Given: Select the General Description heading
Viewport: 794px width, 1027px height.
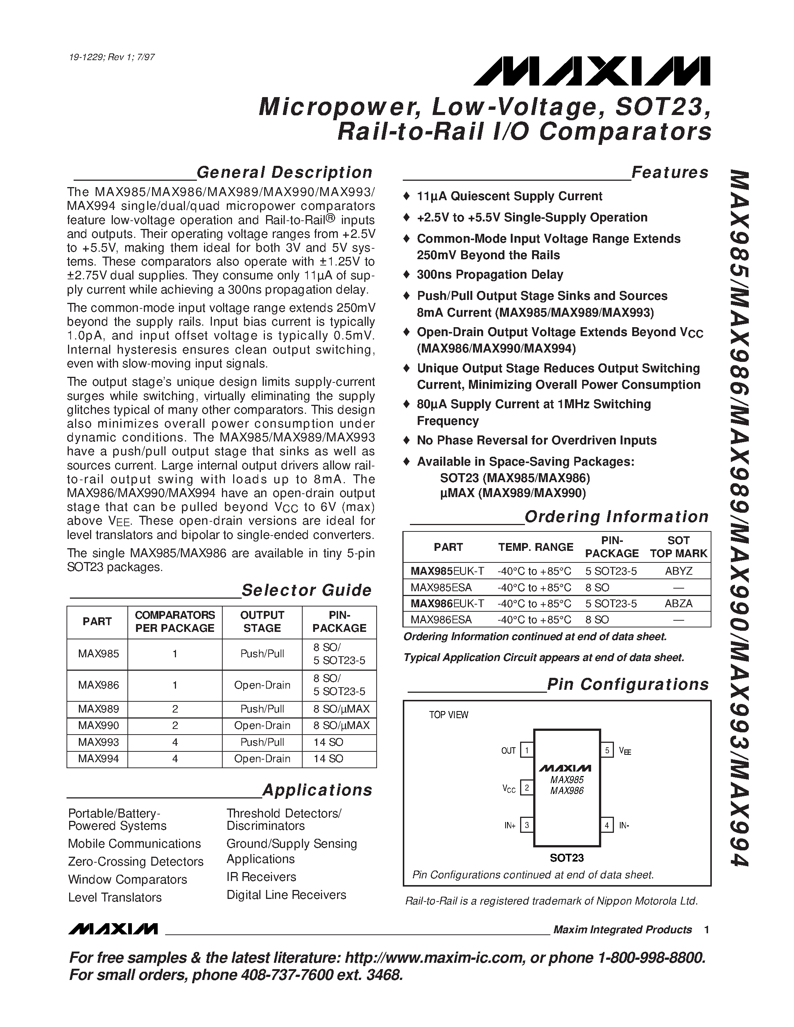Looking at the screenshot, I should [284, 172].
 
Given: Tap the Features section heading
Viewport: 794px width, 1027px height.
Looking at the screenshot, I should [669, 172].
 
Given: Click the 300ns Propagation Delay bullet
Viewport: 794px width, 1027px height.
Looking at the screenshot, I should [490, 274].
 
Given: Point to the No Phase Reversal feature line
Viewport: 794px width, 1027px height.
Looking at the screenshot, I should [536, 440].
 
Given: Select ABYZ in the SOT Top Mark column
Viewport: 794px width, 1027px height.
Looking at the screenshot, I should [678, 571].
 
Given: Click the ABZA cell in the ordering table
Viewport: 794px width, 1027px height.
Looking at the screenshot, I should [678, 603].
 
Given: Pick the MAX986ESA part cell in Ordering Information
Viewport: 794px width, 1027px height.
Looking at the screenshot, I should [441, 620].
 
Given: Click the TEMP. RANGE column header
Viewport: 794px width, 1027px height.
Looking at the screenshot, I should [535, 547].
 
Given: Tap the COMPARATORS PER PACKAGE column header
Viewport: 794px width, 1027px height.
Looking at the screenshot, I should [174, 622].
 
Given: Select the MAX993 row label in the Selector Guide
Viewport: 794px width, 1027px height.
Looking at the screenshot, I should [98, 742].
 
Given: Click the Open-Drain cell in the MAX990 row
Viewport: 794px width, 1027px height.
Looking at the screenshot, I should [262, 725].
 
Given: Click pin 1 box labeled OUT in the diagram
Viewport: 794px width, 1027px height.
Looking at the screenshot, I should [527, 751].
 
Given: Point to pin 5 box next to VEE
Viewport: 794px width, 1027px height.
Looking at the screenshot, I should [607, 751].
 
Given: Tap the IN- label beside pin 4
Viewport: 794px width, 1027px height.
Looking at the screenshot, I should [624, 825].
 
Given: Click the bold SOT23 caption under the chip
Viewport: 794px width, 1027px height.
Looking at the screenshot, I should [566, 858].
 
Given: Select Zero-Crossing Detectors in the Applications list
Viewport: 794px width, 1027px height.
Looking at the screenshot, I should [136, 862].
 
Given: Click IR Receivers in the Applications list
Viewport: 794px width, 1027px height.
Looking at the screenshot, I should [261, 877].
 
